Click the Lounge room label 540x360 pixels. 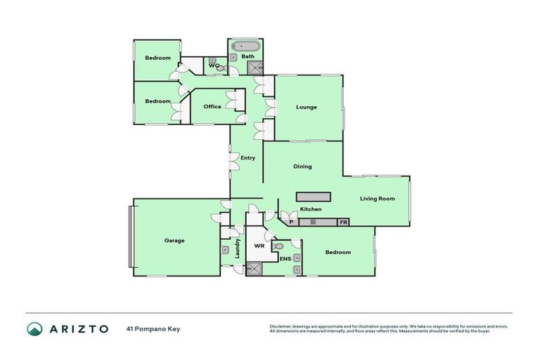click(x=307, y=108)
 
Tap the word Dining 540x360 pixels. click(x=302, y=167)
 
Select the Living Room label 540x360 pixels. click(x=378, y=198)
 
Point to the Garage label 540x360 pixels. click(x=174, y=240)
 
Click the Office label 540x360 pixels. click(x=212, y=107)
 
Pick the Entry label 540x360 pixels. click(x=247, y=158)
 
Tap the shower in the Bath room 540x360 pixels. click(x=255, y=67)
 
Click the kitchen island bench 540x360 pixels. click(x=313, y=196)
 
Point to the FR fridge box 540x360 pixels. click(x=343, y=222)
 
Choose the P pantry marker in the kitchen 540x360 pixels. click(x=291, y=222)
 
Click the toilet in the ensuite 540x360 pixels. click(x=278, y=247)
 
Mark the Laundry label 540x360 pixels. click(x=238, y=248)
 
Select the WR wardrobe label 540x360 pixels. click(x=259, y=247)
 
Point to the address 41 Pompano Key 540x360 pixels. click(x=153, y=328)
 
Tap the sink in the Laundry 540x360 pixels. click(x=225, y=250)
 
